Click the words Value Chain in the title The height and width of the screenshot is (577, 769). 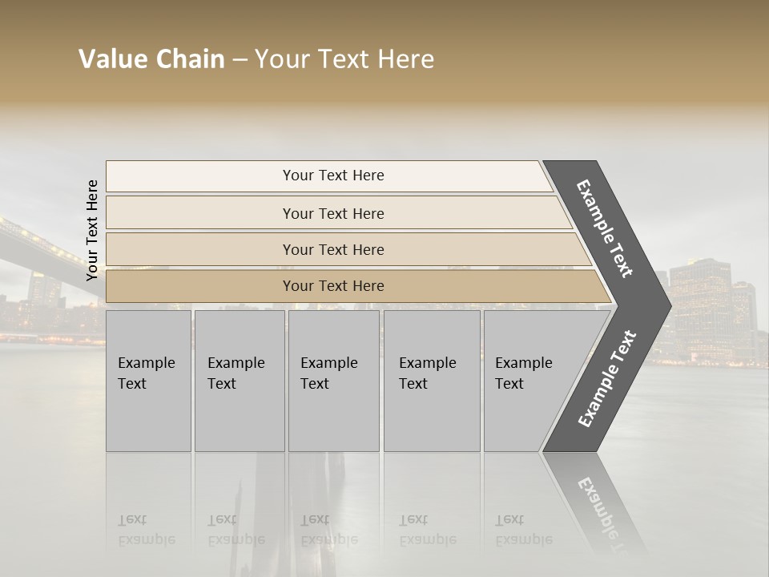pyautogui.click(x=151, y=59)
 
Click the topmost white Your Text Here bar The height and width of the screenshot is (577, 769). pyautogui.click(x=332, y=176)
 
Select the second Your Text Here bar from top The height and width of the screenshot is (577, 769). pyautogui.click(x=332, y=213)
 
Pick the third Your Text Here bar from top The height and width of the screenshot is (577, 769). pyautogui.click(x=332, y=249)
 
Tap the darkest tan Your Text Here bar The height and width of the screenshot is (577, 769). pyautogui.click(x=332, y=286)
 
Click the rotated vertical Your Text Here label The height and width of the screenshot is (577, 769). pyautogui.click(x=93, y=230)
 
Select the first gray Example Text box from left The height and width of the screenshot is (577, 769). pyautogui.click(x=148, y=381)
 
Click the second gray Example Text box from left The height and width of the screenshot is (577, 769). pyautogui.click(x=239, y=381)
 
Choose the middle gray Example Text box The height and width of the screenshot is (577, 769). pyautogui.click(x=333, y=381)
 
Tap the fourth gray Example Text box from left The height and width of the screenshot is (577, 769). pyautogui.click(x=431, y=381)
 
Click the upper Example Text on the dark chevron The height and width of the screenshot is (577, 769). pyautogui.click(x=605, y=228)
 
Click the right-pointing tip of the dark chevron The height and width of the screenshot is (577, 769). pyautogui.click(x=666, y=305)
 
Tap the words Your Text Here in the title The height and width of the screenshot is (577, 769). pyautogui.click(x=344, y=59)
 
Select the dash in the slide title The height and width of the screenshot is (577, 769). pyautogui.click(x=240, y=60)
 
